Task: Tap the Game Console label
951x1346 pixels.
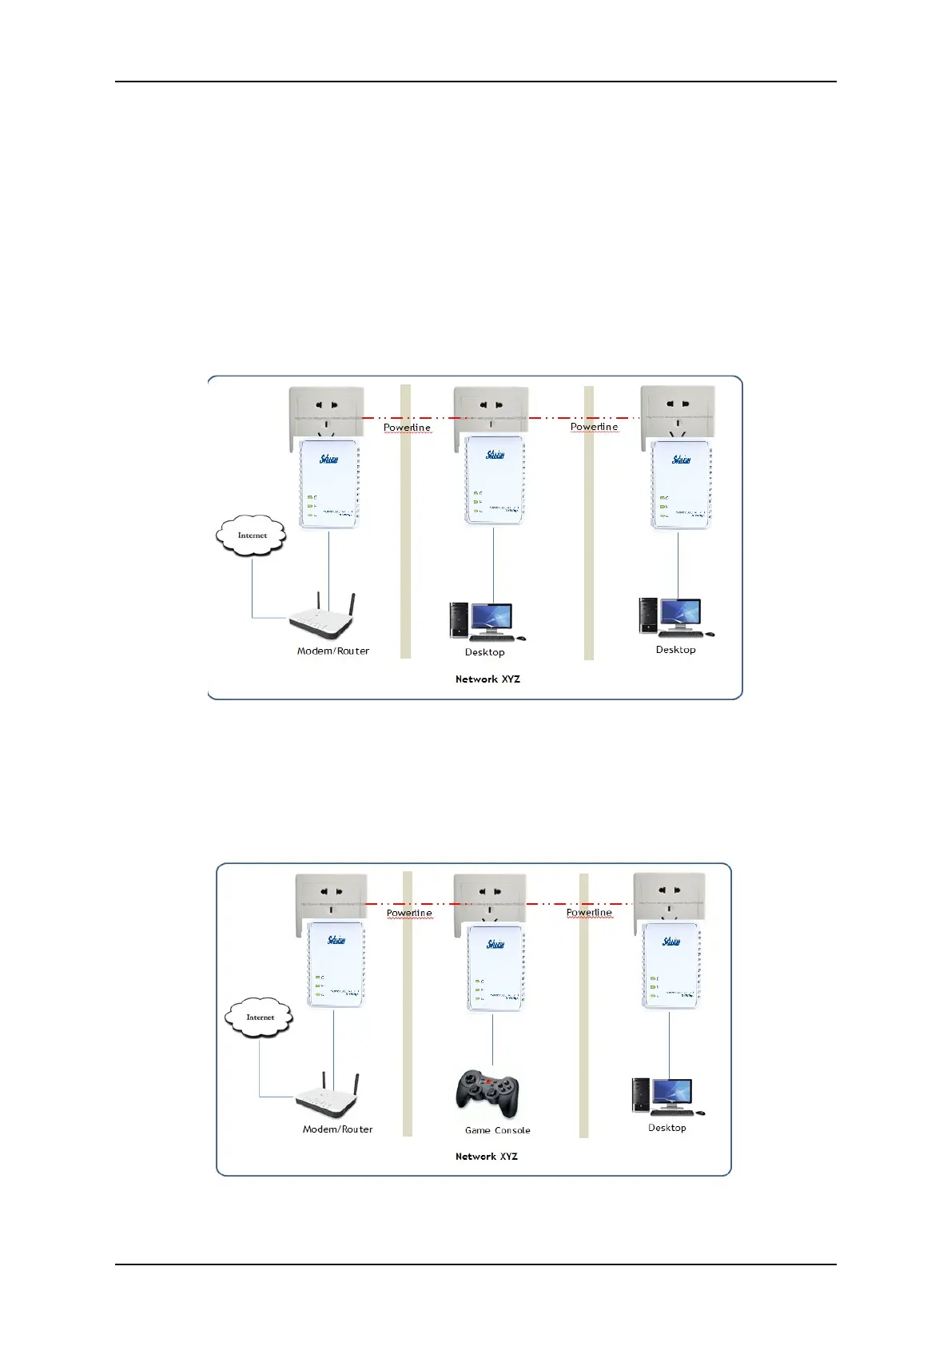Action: (497, 1130)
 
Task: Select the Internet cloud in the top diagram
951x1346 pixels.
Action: (251, 536)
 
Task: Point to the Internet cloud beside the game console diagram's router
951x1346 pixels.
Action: (259, 1017)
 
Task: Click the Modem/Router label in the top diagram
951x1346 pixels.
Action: (333, 651)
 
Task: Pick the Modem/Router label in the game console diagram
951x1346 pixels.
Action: (337, 1129)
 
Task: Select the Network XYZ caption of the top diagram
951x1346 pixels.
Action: (487, 679)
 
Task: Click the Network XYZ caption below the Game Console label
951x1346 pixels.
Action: (486, 1157)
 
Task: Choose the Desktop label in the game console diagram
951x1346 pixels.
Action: (666, 1128)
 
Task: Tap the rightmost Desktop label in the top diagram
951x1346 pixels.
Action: (675, 650)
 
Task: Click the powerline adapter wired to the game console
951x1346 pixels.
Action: (495, 968)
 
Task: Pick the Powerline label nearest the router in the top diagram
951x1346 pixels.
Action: (407, 428)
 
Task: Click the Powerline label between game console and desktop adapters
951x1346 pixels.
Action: (589, 913)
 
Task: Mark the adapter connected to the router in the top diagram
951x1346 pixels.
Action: (329, 484)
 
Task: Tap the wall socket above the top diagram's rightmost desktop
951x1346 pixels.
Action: (678, 412)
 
